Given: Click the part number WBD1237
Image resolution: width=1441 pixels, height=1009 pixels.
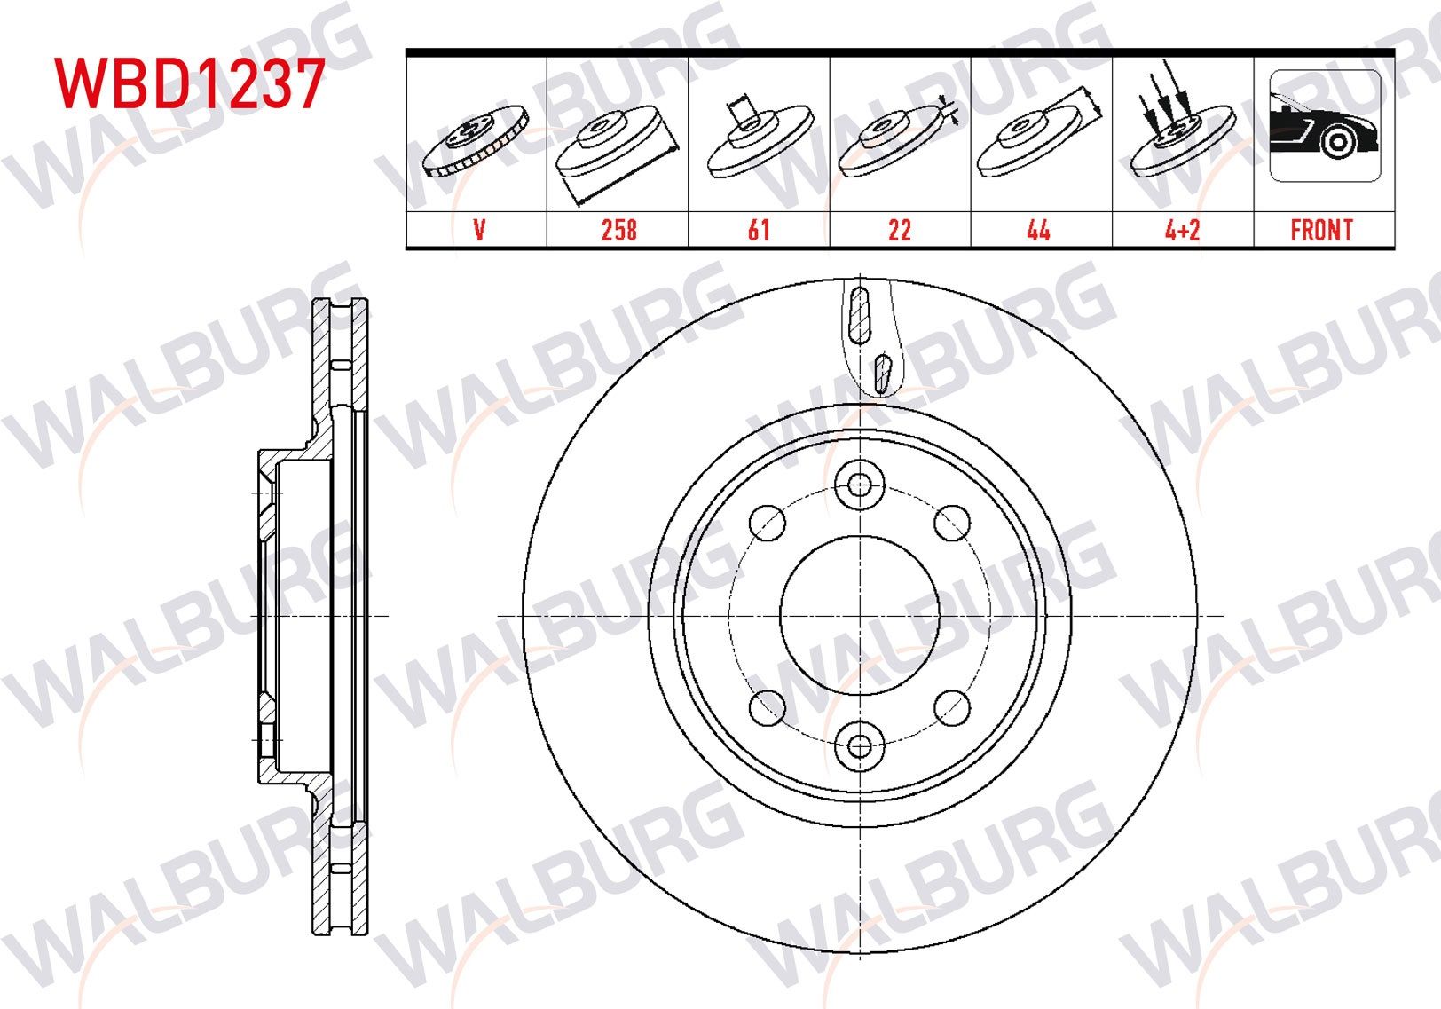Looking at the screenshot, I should point(189,84).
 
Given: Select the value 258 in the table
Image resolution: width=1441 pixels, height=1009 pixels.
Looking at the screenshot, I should point(618,230).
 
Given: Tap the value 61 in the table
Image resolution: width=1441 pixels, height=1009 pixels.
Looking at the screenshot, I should point(759,230).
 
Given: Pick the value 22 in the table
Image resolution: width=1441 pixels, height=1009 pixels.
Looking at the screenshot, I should point(900,230).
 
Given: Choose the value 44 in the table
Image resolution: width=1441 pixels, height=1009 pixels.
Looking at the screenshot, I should point(1039,230).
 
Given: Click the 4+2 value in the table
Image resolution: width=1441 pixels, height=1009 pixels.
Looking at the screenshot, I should point(1182,230).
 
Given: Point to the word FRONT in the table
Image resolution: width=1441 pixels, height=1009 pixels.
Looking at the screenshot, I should point(1321,230).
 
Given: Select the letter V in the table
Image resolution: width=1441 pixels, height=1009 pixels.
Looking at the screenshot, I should point(479,230).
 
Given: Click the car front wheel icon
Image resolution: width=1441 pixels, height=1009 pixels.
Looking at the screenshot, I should point(1324,127).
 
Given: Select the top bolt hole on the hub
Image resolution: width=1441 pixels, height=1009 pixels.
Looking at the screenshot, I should point(860,485).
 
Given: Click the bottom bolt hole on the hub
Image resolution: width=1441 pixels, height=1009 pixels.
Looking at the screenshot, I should point(860,745).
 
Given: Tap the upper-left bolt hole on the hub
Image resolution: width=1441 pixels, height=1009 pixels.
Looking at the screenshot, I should point(768,523).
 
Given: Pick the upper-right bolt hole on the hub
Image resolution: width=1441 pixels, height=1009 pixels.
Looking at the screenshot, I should point(952,523).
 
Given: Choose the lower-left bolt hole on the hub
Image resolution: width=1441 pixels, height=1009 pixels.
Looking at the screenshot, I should point(768,707).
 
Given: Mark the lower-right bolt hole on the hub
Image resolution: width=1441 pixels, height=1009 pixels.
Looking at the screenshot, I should point(952,707).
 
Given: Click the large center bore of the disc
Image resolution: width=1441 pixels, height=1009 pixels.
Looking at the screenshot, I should point(860,615).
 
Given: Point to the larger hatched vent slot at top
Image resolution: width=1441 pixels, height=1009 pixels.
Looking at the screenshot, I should point(859,314).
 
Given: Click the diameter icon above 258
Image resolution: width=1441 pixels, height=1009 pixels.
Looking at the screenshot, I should point(617,146).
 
